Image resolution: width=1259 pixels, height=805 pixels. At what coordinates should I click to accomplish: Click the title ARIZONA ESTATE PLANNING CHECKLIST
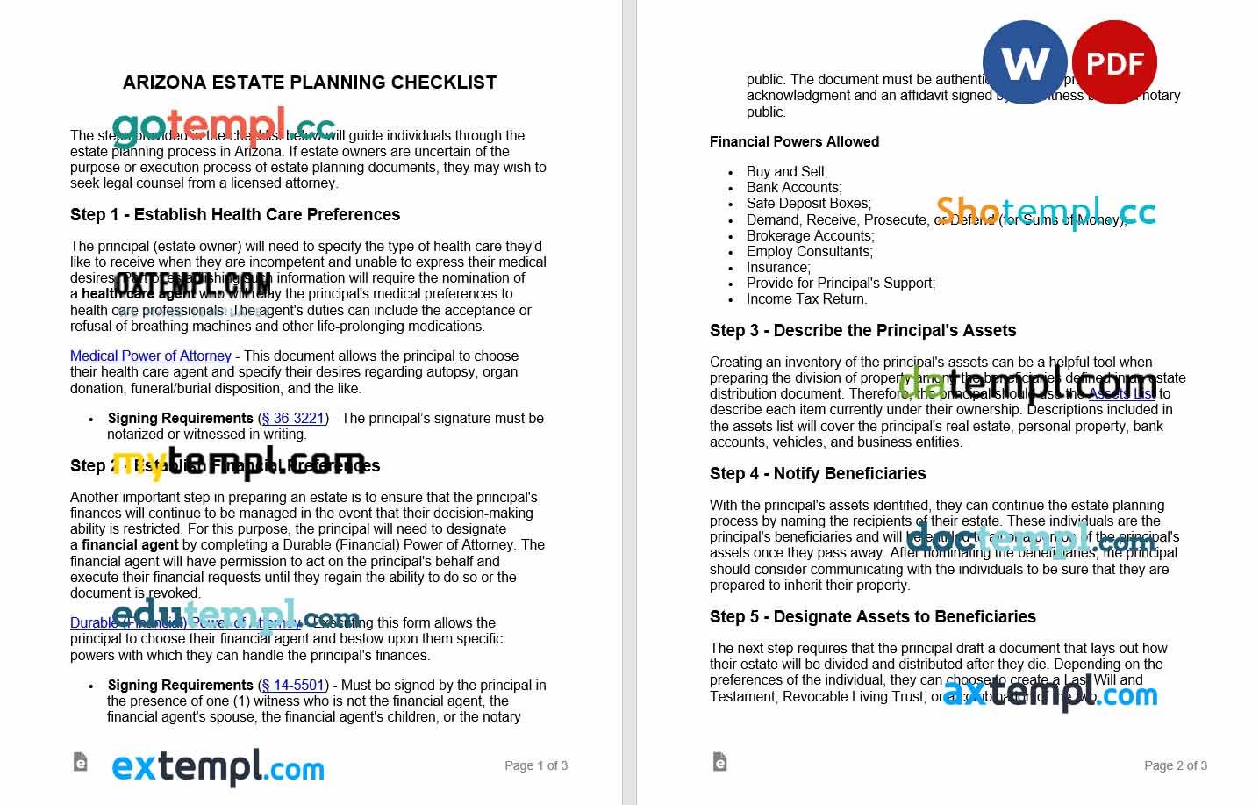click(310, 83)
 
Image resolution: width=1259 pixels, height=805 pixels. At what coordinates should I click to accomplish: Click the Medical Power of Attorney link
click(151, 356)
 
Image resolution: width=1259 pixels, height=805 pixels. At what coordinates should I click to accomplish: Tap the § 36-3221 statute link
click(293, 419)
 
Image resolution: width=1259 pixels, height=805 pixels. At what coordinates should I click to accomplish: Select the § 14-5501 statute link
click(293, 685)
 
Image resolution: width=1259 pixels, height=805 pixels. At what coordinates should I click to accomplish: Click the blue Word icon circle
click(1024, 62)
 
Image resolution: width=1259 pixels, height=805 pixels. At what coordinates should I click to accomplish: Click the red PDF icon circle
click(1114, 62)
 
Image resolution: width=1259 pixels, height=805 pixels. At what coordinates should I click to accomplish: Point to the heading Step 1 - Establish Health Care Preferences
click(235, 215)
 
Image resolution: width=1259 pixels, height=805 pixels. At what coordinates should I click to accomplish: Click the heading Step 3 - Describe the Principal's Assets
click(862, 331)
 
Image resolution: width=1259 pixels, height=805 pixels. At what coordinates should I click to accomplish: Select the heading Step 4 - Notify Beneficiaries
click(818, 474)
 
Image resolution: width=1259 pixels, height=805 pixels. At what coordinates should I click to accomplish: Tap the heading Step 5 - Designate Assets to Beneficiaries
click(872, 617)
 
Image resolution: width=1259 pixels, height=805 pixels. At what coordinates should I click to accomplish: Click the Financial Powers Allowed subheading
click(794, 141)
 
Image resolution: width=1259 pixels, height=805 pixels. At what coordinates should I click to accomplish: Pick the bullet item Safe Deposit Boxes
click(808, 204)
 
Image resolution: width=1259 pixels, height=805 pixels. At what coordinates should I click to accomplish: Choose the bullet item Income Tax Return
click(806, 299)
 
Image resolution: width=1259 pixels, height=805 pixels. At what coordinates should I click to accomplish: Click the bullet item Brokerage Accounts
click(810, 235)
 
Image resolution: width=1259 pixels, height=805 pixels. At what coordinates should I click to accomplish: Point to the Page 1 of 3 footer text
click(536, 765)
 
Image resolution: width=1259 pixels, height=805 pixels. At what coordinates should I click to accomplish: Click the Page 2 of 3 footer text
click(1176, 765)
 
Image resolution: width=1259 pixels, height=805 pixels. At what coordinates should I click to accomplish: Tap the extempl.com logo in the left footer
click(218, 768)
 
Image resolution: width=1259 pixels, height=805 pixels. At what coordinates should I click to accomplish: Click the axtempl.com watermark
click(1050, 694)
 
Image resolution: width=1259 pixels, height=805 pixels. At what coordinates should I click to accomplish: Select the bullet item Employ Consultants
click(809, 251)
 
